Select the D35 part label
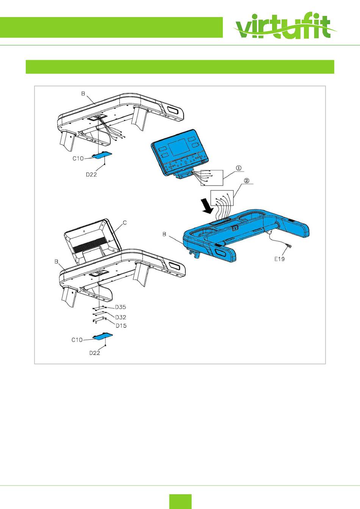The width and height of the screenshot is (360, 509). click(121, 307)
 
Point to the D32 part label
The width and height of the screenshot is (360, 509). click(121, 317)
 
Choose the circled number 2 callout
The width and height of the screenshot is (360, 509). click(247, 181)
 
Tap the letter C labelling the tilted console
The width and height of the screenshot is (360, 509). click(124, 223)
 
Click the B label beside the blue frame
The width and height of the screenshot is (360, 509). click(164, 234)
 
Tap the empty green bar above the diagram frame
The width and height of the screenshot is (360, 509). click(180, 67)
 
